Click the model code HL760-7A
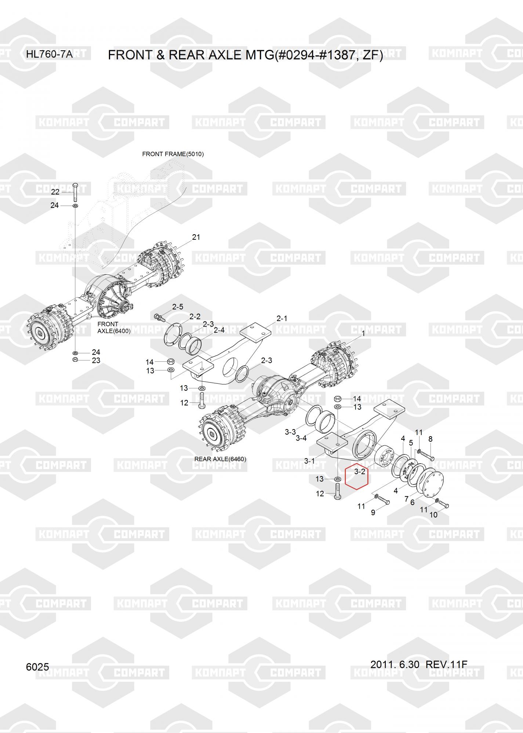(x=49, y=55)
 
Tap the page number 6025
(x=37, y=667)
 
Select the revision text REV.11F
(x=446, y=664)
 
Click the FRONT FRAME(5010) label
(x=173, y=154)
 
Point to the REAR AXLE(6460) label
(x=220, y=459)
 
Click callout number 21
(x=196, y=237)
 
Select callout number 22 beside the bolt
(x=55, y=192)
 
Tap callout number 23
(x=96, y=360)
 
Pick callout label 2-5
(x=178, y=307)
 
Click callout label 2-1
(x=282, y=318)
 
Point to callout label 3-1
(x=309, y=461)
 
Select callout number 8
(x=431, y=439)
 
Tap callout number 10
(x=433, y=515)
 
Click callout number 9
(x=373, y=512)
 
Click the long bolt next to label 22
(x=75, y=191)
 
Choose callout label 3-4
(x=301, y=438)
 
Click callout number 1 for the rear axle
(x=363, y=334)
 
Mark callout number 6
(x=412, y=502)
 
